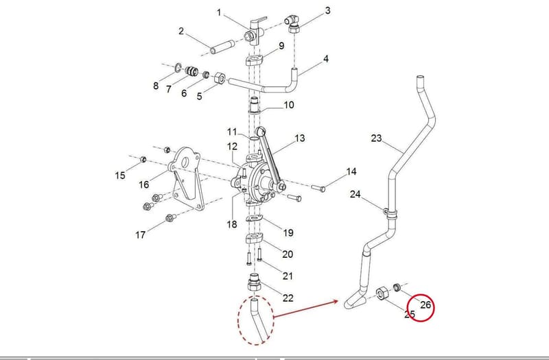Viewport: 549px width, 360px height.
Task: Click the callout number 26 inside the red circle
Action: pos(425,305)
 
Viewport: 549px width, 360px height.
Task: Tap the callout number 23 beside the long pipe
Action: pos(376,139)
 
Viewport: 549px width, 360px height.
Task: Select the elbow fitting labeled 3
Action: pos(292,24)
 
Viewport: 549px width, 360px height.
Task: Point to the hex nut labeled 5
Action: pos(219,77)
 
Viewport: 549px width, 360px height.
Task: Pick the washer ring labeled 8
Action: pos(178,67)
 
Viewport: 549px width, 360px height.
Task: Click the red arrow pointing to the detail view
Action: pos(305,309)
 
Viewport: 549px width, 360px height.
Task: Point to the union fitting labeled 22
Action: pos(255,283)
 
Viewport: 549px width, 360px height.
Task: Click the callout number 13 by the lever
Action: pos(299,139)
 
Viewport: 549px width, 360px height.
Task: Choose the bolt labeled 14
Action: pos(318,188)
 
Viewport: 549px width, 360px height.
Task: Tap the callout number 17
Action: pos(141,235)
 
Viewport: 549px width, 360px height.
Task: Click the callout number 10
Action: pos(288,105)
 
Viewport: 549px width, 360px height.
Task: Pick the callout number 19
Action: pos(288,232)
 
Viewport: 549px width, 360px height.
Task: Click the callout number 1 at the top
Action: pos(219,13)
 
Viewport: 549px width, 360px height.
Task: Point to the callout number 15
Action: pos(120,175)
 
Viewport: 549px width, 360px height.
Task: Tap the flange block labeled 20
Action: pos(254,239)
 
